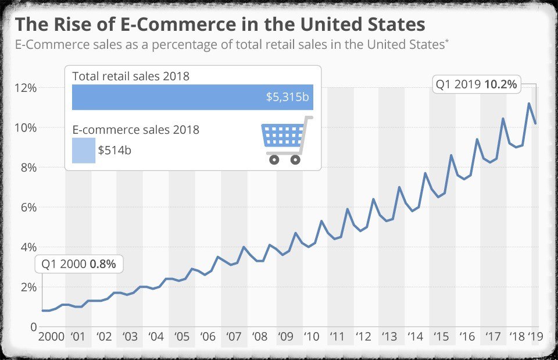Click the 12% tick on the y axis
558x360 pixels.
click(x=25, y=88)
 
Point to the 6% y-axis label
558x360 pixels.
click(x=26, y=208)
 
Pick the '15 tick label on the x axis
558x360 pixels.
click(x=441, y=337)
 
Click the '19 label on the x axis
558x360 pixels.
click(x=535, y=337)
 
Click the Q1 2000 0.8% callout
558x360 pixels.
click(x=78, y=264)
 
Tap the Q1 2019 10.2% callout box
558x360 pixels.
click(x=475, y=84)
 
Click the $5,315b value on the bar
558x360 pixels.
click(x=287, y=97)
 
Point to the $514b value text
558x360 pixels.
click(x=115, y=150)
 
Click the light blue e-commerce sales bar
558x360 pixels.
click(x=83, y=150)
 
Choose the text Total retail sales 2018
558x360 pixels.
click(x=131, y=76)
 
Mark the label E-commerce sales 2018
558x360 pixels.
click(x=135, y=130)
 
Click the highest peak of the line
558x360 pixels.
click(x=529, y=104)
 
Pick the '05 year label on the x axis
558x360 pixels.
click(x=182, y=337)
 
